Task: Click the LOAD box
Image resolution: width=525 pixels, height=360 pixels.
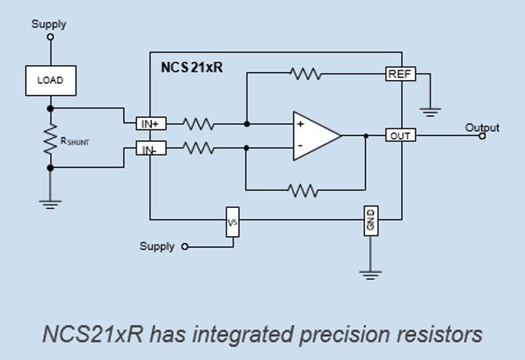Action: pos(50,80)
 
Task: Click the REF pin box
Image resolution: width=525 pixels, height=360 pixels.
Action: pos(400,75)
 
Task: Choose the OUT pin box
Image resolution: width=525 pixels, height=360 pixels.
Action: pos(400,136)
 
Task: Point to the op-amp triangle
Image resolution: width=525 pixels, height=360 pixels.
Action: pos(314,136)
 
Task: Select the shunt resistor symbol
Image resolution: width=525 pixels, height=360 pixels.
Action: pos(51,138)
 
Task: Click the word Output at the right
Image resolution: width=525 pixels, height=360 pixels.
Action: pos(482,127)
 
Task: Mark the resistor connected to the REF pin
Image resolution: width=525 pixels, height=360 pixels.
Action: pos(305,75)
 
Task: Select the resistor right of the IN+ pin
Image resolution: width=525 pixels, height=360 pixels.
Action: pos(200,123)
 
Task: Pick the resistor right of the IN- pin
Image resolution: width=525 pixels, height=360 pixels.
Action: pos(200,147)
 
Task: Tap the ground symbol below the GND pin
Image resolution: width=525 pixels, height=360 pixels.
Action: pos(370,275)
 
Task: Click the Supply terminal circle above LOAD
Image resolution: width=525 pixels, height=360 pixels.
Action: pos(51,36)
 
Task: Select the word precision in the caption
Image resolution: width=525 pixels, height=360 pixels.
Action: pos(349,335)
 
